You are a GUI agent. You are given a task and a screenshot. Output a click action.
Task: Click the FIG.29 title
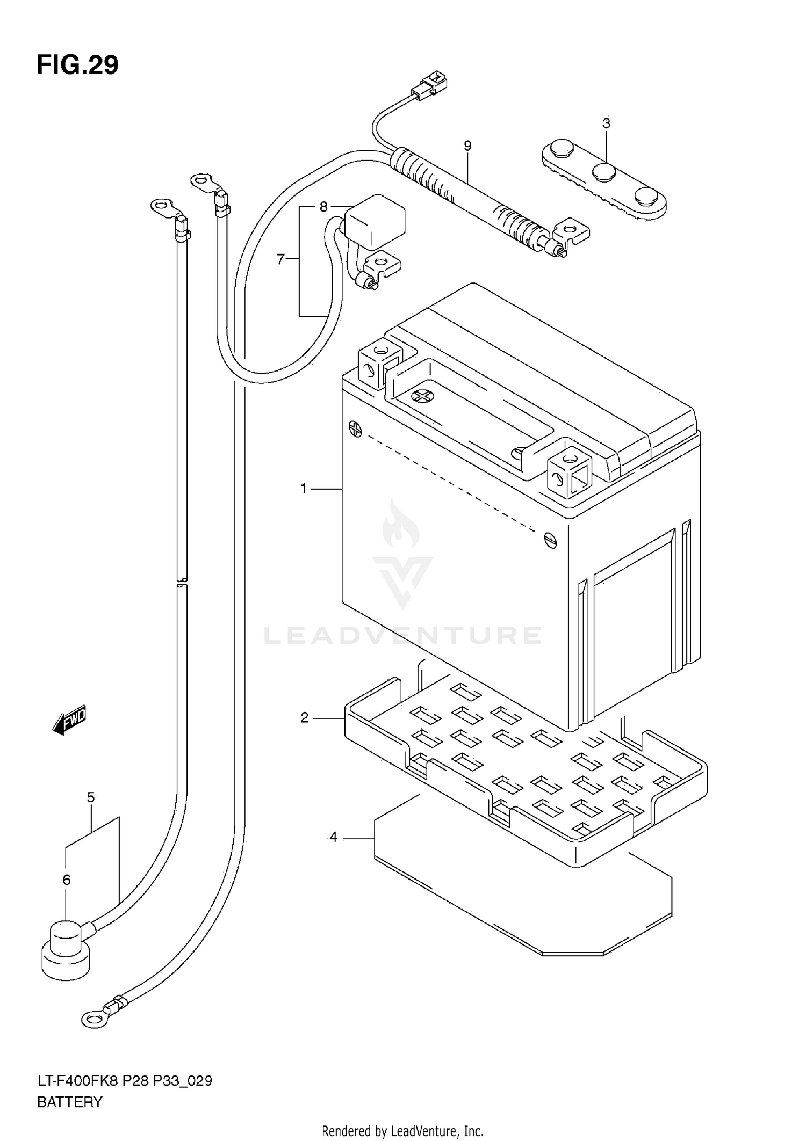[x=77, y=66]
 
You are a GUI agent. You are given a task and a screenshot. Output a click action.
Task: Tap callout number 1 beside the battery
[x=304, y=489]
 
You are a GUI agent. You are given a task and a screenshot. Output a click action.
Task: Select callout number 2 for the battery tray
[x=305, y=717]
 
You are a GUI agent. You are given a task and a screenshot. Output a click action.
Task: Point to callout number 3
[x=606, y=123]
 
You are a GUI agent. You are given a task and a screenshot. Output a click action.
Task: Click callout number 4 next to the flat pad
[x=334, y=837]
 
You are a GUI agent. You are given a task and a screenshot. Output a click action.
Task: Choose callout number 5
[x=91, y=797]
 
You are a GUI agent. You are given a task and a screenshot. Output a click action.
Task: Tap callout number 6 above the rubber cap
[x=67, y=880]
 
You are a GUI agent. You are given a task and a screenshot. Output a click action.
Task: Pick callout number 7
[x=280, y=259]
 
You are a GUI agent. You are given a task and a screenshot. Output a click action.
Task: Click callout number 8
[x=323, y=206]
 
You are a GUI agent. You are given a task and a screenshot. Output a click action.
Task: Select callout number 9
[x=467, y=146]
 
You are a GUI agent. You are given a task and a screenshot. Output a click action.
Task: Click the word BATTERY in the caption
[x=69, y=1102]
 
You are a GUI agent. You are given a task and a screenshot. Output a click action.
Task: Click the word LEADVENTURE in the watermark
[x=402, y=636]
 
